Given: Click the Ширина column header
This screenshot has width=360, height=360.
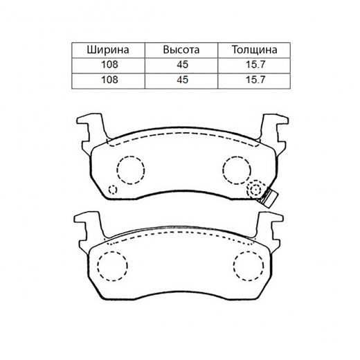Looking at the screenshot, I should coord(107,51).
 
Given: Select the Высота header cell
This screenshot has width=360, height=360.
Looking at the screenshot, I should coord(181,51).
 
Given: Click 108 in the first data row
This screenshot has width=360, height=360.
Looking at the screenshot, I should coord(107,65).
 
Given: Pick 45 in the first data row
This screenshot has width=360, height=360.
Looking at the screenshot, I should coord(181,65).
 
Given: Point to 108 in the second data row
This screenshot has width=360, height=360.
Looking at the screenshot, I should coord(107,80).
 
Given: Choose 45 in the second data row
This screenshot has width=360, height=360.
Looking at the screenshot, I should coord(181,80).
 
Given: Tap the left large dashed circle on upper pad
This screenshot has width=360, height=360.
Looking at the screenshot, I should coord(129,168).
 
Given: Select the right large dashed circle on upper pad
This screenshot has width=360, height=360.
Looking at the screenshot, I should coord(235,168).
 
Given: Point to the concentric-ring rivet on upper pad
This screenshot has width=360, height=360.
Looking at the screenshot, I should coord(256,190).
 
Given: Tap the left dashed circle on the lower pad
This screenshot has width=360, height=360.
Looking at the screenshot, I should coord(112,264).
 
